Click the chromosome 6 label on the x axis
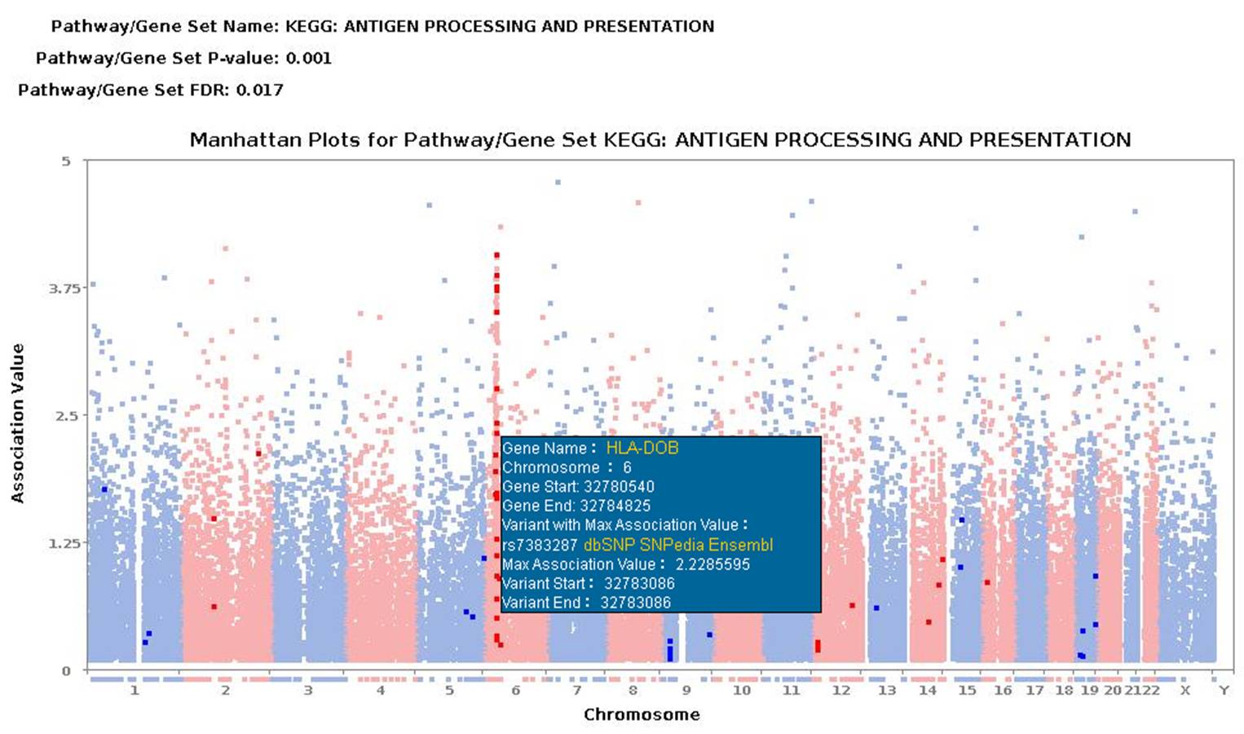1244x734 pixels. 515,691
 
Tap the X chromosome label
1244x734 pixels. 1184,691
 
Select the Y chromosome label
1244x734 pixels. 1223,691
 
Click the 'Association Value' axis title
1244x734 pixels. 18,422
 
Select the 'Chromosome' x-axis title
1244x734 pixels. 642,715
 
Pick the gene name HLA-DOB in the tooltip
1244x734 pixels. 642,448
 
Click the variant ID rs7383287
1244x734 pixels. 540,545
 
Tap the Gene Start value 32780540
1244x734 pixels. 619,487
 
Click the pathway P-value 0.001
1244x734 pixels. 308,58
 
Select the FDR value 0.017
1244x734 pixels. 260,90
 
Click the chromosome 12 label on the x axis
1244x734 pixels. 841,691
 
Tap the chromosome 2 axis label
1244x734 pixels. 225,691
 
